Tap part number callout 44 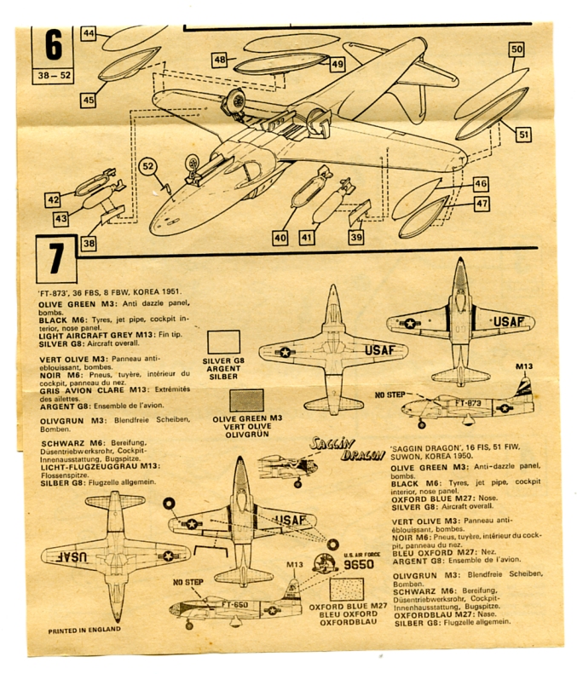89,33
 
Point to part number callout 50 516,49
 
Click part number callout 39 356,239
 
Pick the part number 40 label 280,239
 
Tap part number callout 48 220,60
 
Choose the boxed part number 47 482,204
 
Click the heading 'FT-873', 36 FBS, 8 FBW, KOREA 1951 109,292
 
